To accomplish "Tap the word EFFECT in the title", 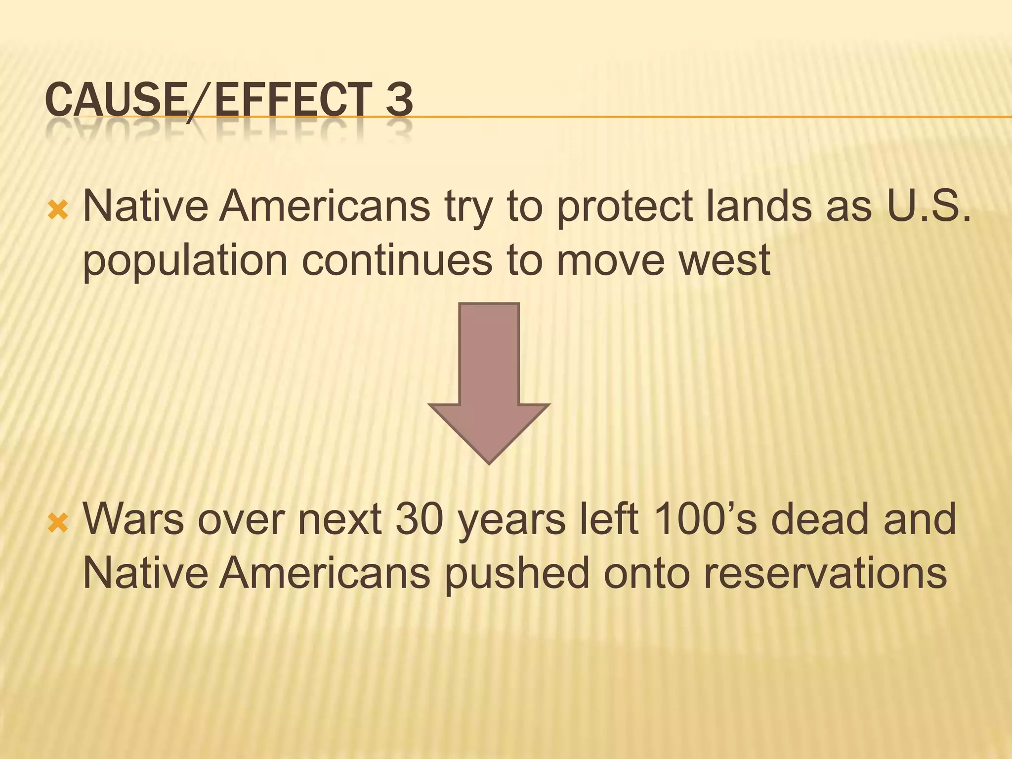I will (293, 100).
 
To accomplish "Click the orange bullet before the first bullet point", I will (58, 211).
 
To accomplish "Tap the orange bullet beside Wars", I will (58, 523).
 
